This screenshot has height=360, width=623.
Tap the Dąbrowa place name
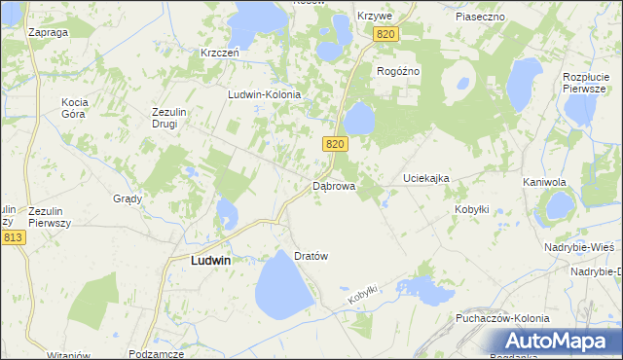[334, 185]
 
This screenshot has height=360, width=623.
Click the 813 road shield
[13, 237]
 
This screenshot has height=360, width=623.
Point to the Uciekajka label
[426, 179]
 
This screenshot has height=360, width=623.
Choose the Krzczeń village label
[220, 53]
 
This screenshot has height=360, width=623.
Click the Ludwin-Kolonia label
[264, 94]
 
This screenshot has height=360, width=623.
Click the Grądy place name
[128, 198]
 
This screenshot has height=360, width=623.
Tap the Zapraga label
[48, 32]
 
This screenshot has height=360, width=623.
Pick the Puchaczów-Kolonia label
[502, 318]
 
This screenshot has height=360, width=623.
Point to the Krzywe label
[374, 17]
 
